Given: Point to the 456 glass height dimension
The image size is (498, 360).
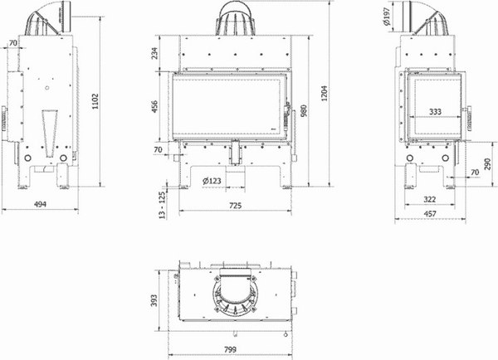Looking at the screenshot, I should click(154, 108).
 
